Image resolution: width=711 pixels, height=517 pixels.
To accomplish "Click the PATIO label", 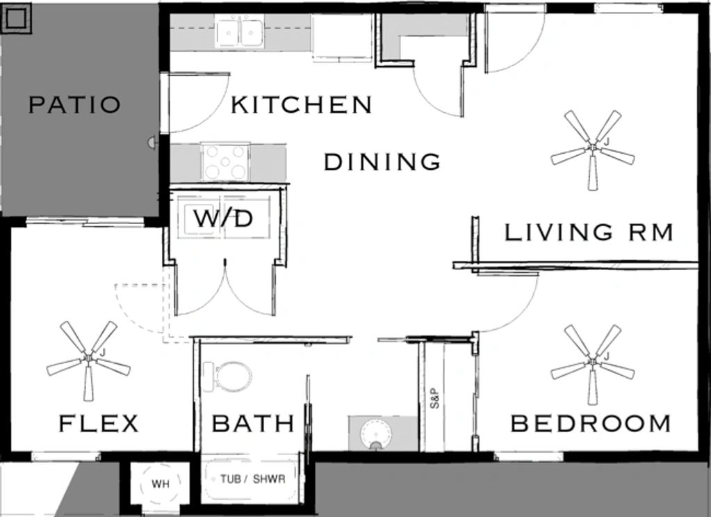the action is (75, 104).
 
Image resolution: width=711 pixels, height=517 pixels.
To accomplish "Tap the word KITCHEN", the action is (302, 104).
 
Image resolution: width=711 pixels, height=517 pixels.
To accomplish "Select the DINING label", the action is (382, 161).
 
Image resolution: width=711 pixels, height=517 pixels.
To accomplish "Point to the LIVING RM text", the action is (589, 232).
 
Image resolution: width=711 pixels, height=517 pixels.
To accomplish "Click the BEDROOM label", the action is (590, 424).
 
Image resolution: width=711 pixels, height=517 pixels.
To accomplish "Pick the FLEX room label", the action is (99, 424).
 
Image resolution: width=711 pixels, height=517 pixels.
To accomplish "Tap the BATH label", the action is (253, 424).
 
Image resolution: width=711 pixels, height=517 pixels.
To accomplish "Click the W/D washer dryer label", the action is (223, 218).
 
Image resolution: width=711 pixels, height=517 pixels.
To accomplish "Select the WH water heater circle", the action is (161, 484).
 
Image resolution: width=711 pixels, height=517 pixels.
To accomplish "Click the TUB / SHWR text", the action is (252, 479).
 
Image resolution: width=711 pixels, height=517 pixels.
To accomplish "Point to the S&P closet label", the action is (435, 398).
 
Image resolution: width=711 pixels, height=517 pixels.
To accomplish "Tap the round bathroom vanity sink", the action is (376, 434).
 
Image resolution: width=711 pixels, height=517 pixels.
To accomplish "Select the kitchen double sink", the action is (239, 32).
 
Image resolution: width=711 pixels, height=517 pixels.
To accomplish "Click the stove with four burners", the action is (226, 162).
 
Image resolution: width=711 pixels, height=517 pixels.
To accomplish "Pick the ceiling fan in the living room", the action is (593, 149).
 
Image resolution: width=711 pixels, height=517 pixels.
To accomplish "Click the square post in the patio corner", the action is (17, 18).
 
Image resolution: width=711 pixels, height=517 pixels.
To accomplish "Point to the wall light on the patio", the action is (152, 143).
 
